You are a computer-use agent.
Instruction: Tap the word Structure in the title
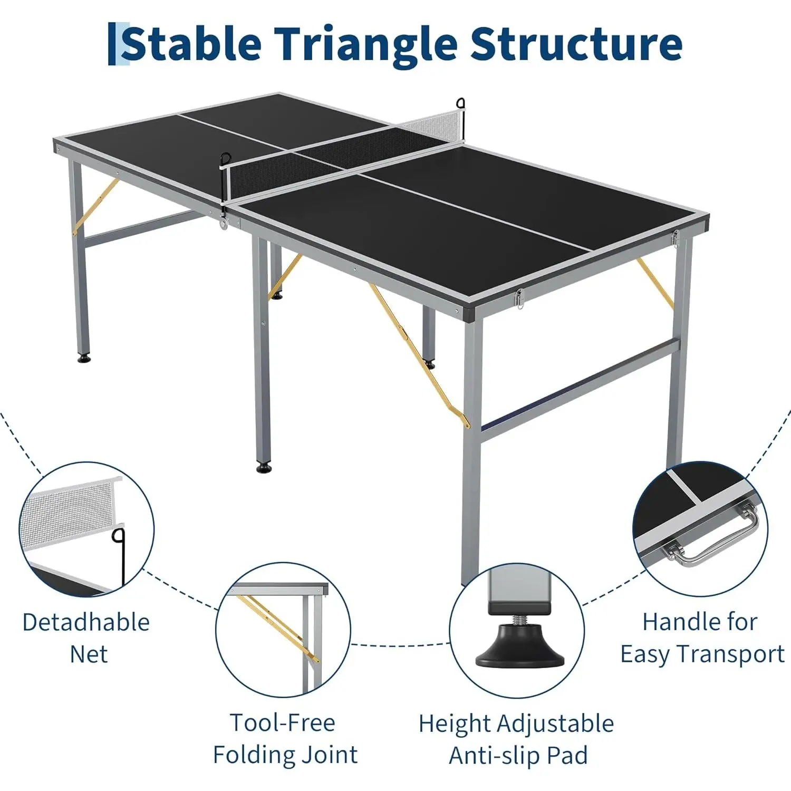pos(576,44)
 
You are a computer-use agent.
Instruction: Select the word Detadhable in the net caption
pos(86,622)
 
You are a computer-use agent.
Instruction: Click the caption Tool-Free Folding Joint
pos(285,738)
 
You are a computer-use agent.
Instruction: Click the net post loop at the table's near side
pos(226,159)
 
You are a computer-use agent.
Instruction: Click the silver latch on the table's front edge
pos(519,300)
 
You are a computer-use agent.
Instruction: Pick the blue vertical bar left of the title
pos(111,44)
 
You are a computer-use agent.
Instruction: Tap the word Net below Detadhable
pos(89,654)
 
